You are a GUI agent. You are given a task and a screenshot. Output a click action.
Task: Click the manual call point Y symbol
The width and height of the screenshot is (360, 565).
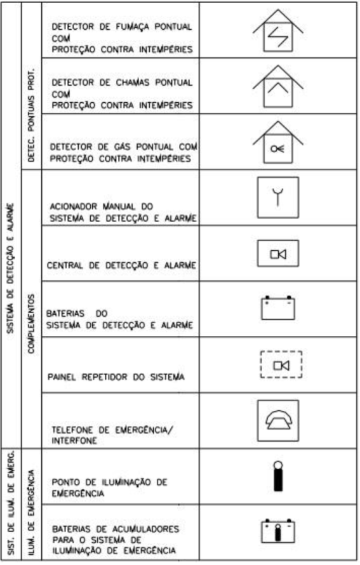pos(278,197)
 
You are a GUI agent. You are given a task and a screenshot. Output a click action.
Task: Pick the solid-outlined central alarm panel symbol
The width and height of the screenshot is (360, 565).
pos(278,253)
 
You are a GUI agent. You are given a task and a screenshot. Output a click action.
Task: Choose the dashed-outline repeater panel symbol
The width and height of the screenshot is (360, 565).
pos(281,364)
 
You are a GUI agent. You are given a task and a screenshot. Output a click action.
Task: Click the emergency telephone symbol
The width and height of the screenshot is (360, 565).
pos(278,420)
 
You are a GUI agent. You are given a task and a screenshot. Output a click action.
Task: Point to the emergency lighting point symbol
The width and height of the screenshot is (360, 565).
pos(278,476)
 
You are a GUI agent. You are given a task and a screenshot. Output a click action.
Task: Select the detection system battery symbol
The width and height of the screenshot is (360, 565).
pos(278,308)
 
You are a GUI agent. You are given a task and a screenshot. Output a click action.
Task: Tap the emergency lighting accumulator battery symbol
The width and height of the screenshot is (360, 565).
pos(278,531)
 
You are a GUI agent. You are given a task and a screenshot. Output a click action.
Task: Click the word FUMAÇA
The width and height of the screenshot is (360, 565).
pos(132,27)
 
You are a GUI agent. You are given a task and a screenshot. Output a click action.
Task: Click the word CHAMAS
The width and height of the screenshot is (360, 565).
pos(132,83)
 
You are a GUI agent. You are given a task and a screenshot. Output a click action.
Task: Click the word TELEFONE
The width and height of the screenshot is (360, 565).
pos(73,430)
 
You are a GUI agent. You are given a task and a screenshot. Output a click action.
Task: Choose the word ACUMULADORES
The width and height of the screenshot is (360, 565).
pos(145,529)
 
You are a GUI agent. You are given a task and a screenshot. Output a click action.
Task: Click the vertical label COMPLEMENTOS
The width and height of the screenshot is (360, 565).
pos(31,324)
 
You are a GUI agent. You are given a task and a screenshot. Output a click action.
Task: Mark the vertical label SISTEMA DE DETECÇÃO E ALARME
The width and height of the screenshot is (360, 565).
pos(11,268)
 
